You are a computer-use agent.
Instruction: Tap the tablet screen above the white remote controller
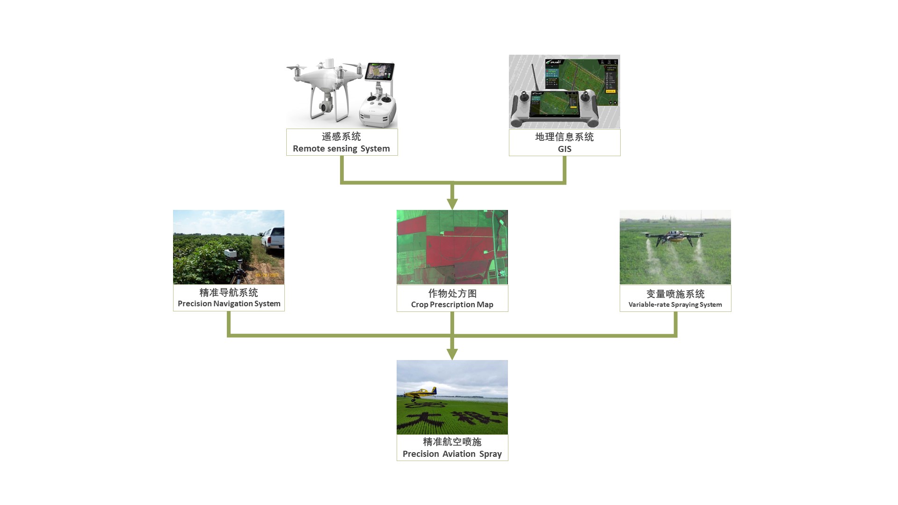pyautogui.click(x=380, y=72)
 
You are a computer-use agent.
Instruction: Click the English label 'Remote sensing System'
pyautogui.click(x=341, y=149)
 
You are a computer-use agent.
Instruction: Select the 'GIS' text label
pyautogui.click(x=565, y=149)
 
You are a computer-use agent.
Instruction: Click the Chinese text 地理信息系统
pyautogui.click(x=565, y=137)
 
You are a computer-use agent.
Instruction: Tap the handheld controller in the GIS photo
pyautogui.click(x=554, y=108)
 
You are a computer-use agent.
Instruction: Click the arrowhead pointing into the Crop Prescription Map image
pyautogui.click(x=452, y=204)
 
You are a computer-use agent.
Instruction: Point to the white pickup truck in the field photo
pyautogui.click(x=272, y=239)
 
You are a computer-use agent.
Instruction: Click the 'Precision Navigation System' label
pyautogui.click(x=229, y=304)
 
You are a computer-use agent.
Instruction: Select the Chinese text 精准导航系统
pyautogui.click(x=229, y=293)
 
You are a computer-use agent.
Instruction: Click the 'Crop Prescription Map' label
pyautogui.click(x=452, y=305)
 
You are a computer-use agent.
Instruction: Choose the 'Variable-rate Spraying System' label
pyautogui.click(x=675, y=305)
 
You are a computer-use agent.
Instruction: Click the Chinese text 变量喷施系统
pyautogui.click(x=675, y=294)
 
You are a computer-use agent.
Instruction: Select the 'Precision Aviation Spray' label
pyautogui.click(x=452, y=454)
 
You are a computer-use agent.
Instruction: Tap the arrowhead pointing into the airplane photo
pyautogui.click(x=452, y=354)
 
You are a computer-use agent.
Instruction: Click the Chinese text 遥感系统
pyautogui.click(x=341, y=137)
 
